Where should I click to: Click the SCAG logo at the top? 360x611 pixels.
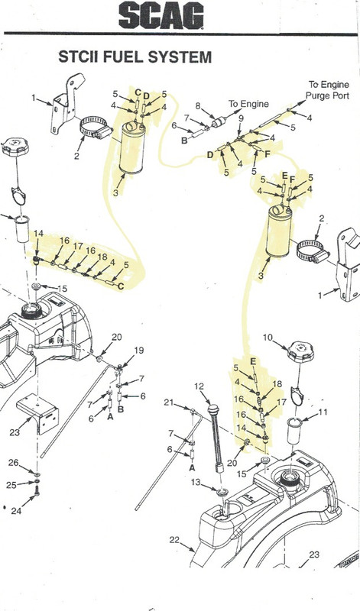point(161,15)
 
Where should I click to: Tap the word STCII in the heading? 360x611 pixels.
point(79,57)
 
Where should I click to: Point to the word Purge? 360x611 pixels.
point(316,96)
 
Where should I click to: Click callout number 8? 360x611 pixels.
point(198,105)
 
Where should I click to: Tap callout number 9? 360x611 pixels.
point(241,118)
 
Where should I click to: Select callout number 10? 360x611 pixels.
point(268,338)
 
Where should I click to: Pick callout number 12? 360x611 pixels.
point(199,386)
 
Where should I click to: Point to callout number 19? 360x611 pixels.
point(139,351)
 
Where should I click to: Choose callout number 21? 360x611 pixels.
point(168,402)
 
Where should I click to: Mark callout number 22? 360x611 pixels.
point(174,540)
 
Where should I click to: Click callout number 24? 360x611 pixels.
point(16,511)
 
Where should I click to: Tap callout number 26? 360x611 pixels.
point(14,463)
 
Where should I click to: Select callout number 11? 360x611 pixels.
point(323,412)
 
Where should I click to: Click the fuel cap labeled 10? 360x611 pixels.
point(300,351)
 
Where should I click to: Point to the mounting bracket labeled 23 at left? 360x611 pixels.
point(37,413)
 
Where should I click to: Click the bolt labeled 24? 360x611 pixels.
point(37,491)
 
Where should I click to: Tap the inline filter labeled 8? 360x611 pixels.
point(219,122)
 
